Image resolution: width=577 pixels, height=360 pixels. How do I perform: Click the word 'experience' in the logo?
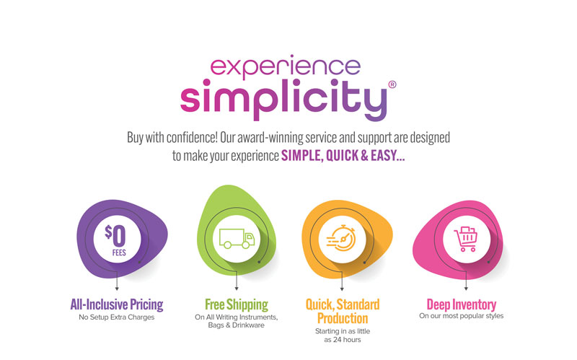pyautogui.click(x=285, y=67)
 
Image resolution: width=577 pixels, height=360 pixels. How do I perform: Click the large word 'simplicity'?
pyautogui.click(x=283, y=100)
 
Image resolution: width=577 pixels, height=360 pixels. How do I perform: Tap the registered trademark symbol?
pyautogui.click(x=392, y=84)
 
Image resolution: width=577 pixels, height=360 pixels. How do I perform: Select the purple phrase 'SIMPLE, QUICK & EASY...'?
pyautogui.click(x=343, y=156)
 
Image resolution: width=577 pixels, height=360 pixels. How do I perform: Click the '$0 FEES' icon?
pyautogui.click(x=117, y=240)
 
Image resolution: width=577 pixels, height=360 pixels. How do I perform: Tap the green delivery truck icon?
pyautogui.click(x=237, y=239)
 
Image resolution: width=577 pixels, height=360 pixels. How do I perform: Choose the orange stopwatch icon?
pyautogui.click(x=341, y=239)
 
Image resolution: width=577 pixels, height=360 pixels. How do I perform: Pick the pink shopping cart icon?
pyautogui.click(x=466, y=239)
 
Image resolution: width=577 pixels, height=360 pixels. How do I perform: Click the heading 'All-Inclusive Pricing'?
pyautogui.click(x=117, y=304)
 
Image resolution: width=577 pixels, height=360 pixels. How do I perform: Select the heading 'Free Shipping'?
pyautogui.click(x=237, y=304)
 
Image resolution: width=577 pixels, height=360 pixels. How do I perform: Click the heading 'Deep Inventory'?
pyautogui.click(x=462, y=304)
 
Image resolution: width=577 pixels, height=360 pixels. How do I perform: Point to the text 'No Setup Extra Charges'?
pyautogui.click(x=117, y=317)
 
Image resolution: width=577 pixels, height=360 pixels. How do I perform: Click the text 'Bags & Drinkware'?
pyautogui.click(x=237, y=325)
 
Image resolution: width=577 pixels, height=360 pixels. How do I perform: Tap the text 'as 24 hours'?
pyautogui.click(x=342, y=340)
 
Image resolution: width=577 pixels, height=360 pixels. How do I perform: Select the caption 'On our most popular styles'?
pyautogui.click(x=461, y=316)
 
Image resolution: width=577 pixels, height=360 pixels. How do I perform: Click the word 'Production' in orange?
pyautogui.click(x=343, y=318)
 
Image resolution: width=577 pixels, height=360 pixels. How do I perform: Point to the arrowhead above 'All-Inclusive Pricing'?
pyautogui.click(x=117, y=289)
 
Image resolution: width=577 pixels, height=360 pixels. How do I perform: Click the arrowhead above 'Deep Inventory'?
pyautogui.click(x=466, y=289)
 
